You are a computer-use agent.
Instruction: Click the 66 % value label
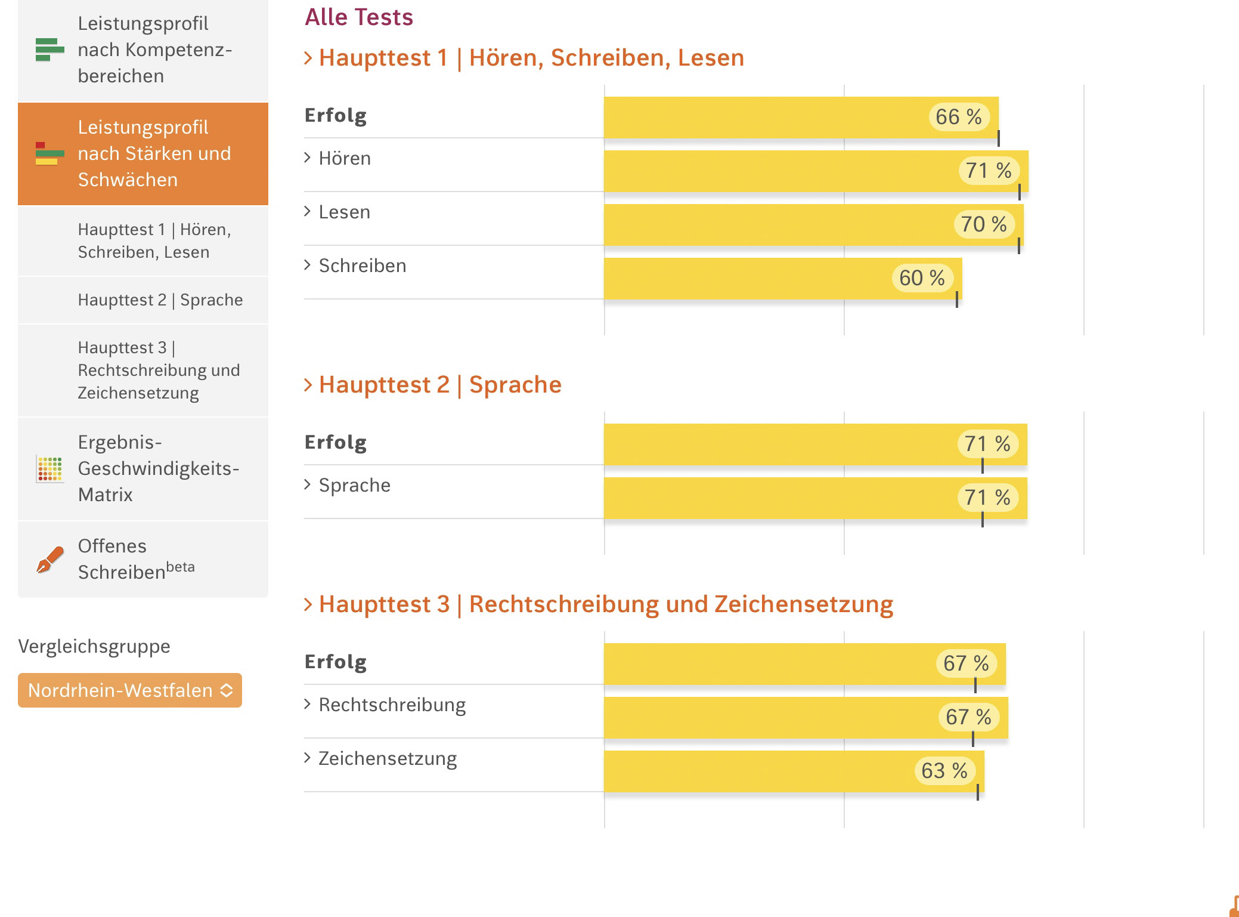click(x=958, y=117)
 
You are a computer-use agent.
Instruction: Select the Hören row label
click(x=344, y=159)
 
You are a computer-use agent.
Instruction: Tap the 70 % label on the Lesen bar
click(x=983, y=224)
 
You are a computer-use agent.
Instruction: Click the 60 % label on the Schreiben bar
click(x=922, y=278)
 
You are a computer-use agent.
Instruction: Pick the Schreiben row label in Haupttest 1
click(x=362, y=266)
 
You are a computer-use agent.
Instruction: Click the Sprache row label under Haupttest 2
click(x=354, y=486)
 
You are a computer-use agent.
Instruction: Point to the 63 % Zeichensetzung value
click(x=944, y=771)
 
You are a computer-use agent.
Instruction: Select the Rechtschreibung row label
click(x=392, y=705)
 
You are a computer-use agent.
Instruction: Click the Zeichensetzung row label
click(x=387, y=759)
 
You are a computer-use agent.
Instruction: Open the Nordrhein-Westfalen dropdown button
click(x=130, y=690)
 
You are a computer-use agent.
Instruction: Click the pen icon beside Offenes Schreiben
click(x=50, y=559)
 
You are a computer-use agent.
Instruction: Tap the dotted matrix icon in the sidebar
click(x=50, y=469)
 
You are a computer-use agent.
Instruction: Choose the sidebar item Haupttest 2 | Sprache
click(x=160, y=300)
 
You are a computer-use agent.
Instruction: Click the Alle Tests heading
click(x=359, y=17)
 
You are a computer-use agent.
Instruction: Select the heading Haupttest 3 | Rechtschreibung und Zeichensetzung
click(x=605, y=604)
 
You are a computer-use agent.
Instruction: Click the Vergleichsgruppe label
click(x=94, y=647)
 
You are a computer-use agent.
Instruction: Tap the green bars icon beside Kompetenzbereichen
click(x=50, y=50)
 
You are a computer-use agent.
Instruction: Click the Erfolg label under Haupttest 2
click(x=336, y=443)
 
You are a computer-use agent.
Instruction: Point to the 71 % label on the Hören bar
click(x=988, y=171)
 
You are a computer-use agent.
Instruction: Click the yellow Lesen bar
click(x=775, y=225)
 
